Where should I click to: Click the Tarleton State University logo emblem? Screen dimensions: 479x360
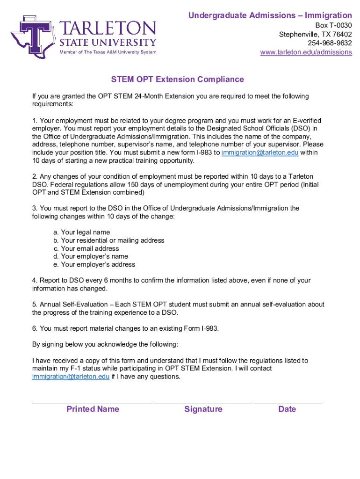tap(33, 36)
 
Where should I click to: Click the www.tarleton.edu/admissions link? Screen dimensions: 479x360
tap(306, 52)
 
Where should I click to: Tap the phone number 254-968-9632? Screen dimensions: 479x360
tap(330, 43)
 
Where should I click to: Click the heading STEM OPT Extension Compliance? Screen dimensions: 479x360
tap(177, 80)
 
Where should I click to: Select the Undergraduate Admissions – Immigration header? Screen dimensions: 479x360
tap(270, 16)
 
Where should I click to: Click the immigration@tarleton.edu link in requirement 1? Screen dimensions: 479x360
tap(260, 153)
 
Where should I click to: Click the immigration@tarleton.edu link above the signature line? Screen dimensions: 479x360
tap(71, 377)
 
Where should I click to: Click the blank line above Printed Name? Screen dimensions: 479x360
tap(92, 402)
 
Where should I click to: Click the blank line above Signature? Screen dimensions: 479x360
tap(203, 402)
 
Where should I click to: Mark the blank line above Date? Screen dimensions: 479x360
tap(288, 402)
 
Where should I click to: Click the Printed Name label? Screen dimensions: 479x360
tap(93, 409)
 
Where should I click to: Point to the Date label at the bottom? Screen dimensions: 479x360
tap(287, 409)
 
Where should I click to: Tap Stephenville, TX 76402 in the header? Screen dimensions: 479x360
tap(315, 35)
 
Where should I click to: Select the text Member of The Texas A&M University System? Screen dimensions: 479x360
tap(108, 52)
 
